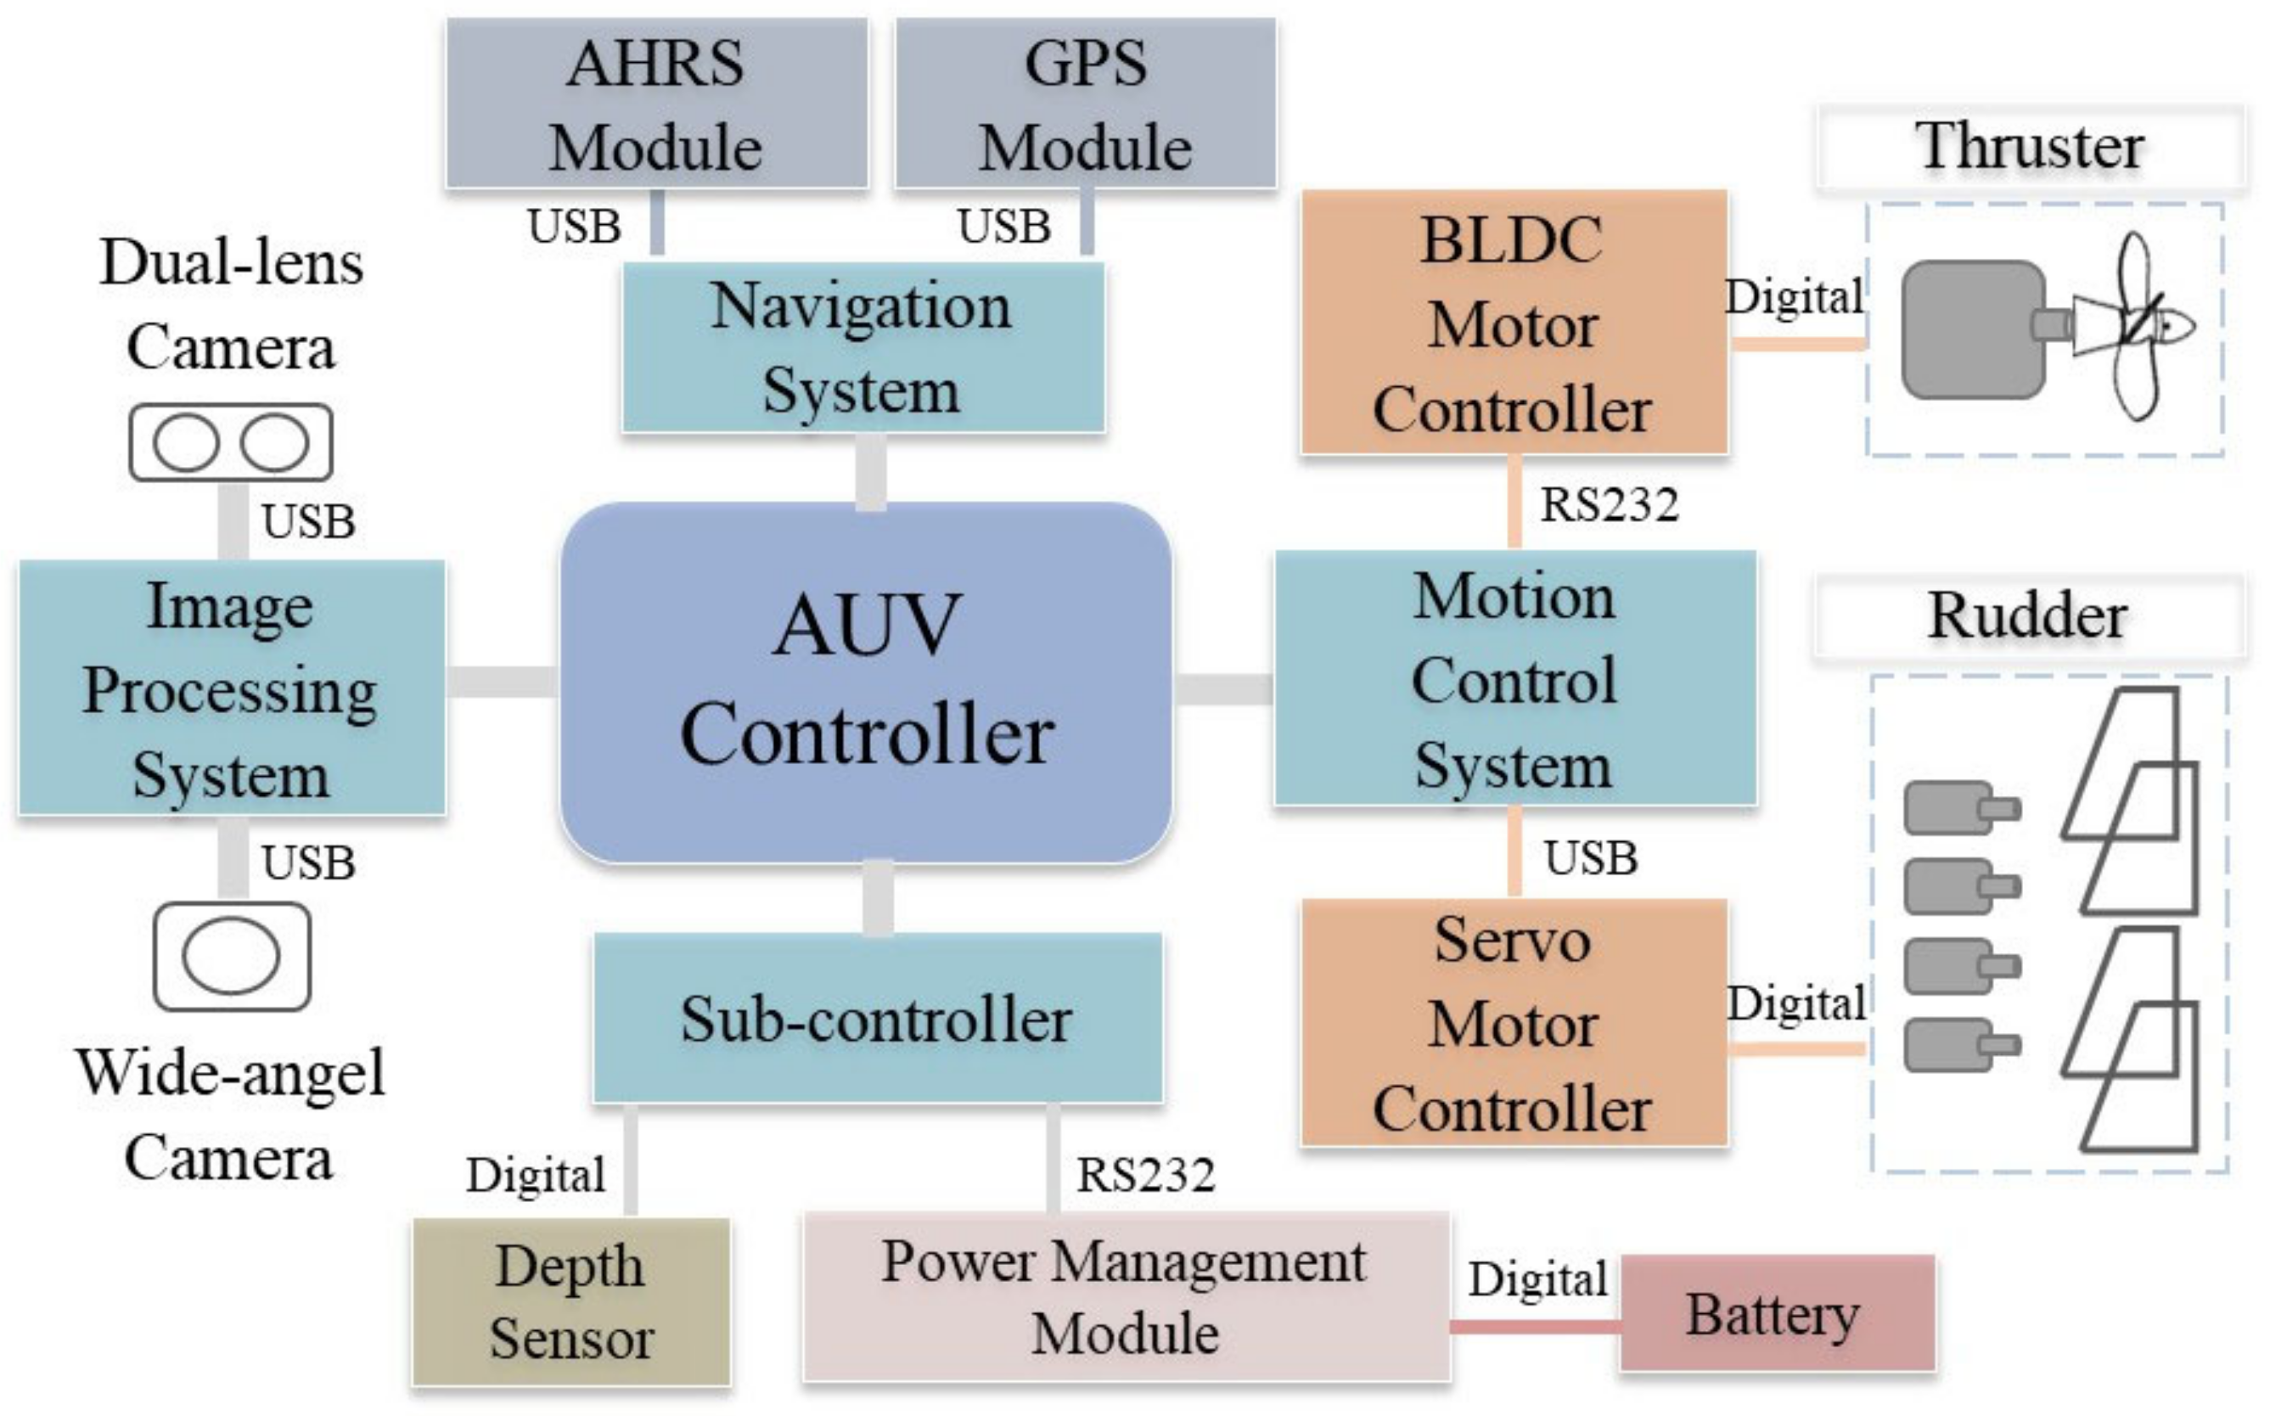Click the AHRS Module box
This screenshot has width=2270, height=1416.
click(655, 103)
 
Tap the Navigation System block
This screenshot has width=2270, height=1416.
click(862, 346)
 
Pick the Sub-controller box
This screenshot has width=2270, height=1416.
click(878, 1018)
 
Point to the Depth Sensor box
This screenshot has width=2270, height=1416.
click(571, 1301)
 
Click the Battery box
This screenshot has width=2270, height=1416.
click(1777, 1314)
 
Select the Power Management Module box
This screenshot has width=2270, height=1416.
click(1126, 1297)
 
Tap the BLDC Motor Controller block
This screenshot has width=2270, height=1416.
click(1514, 323)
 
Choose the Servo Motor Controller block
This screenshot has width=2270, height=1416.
click(1514, 1023)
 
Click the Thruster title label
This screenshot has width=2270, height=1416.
click(2031, 147)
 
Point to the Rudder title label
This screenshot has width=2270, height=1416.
click(2028, 616)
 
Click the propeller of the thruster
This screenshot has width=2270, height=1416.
click(2140, 326)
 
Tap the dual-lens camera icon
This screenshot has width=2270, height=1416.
click(230, 443)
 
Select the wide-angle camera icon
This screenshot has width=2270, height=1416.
click(231, 956)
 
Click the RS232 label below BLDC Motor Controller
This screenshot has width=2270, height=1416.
click(1609, 505)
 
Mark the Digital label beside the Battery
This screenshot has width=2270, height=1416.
click(1537, 1279)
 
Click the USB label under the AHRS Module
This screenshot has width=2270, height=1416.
click(574, 226)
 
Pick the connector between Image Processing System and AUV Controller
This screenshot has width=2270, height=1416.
click(502, 682)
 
